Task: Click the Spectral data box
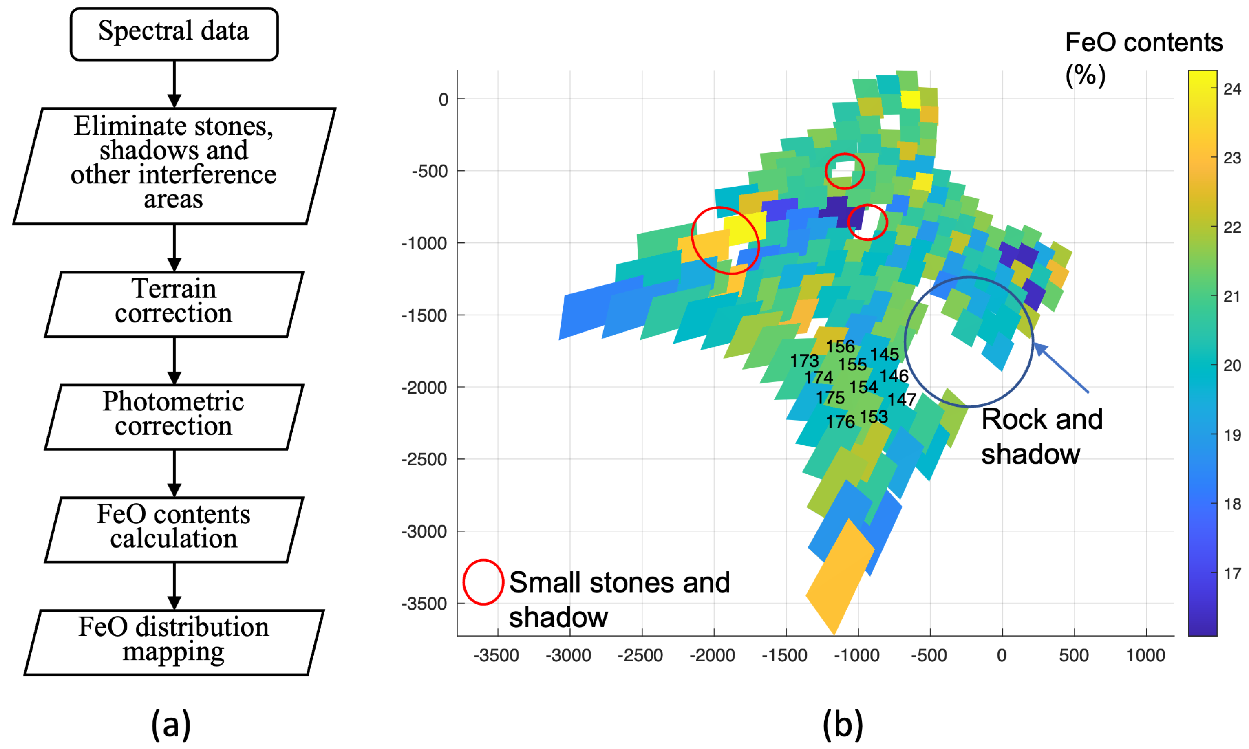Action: coord(174,34)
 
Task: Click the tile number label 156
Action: coord(840,347)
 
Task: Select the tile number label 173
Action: coord(804,361)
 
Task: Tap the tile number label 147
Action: coord(902,400)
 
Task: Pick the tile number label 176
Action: coord(840,421)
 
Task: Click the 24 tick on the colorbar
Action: coord(1232,89)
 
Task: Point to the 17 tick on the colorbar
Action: coord(1232,573)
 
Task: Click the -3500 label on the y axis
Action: coord(424,604)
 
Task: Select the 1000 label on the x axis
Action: coord(1145,656)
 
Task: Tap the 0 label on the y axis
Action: coord(443,99)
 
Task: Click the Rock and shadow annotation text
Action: coord(1042,436)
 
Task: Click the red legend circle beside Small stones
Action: coord(483,582)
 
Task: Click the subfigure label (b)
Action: coord(843,724)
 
